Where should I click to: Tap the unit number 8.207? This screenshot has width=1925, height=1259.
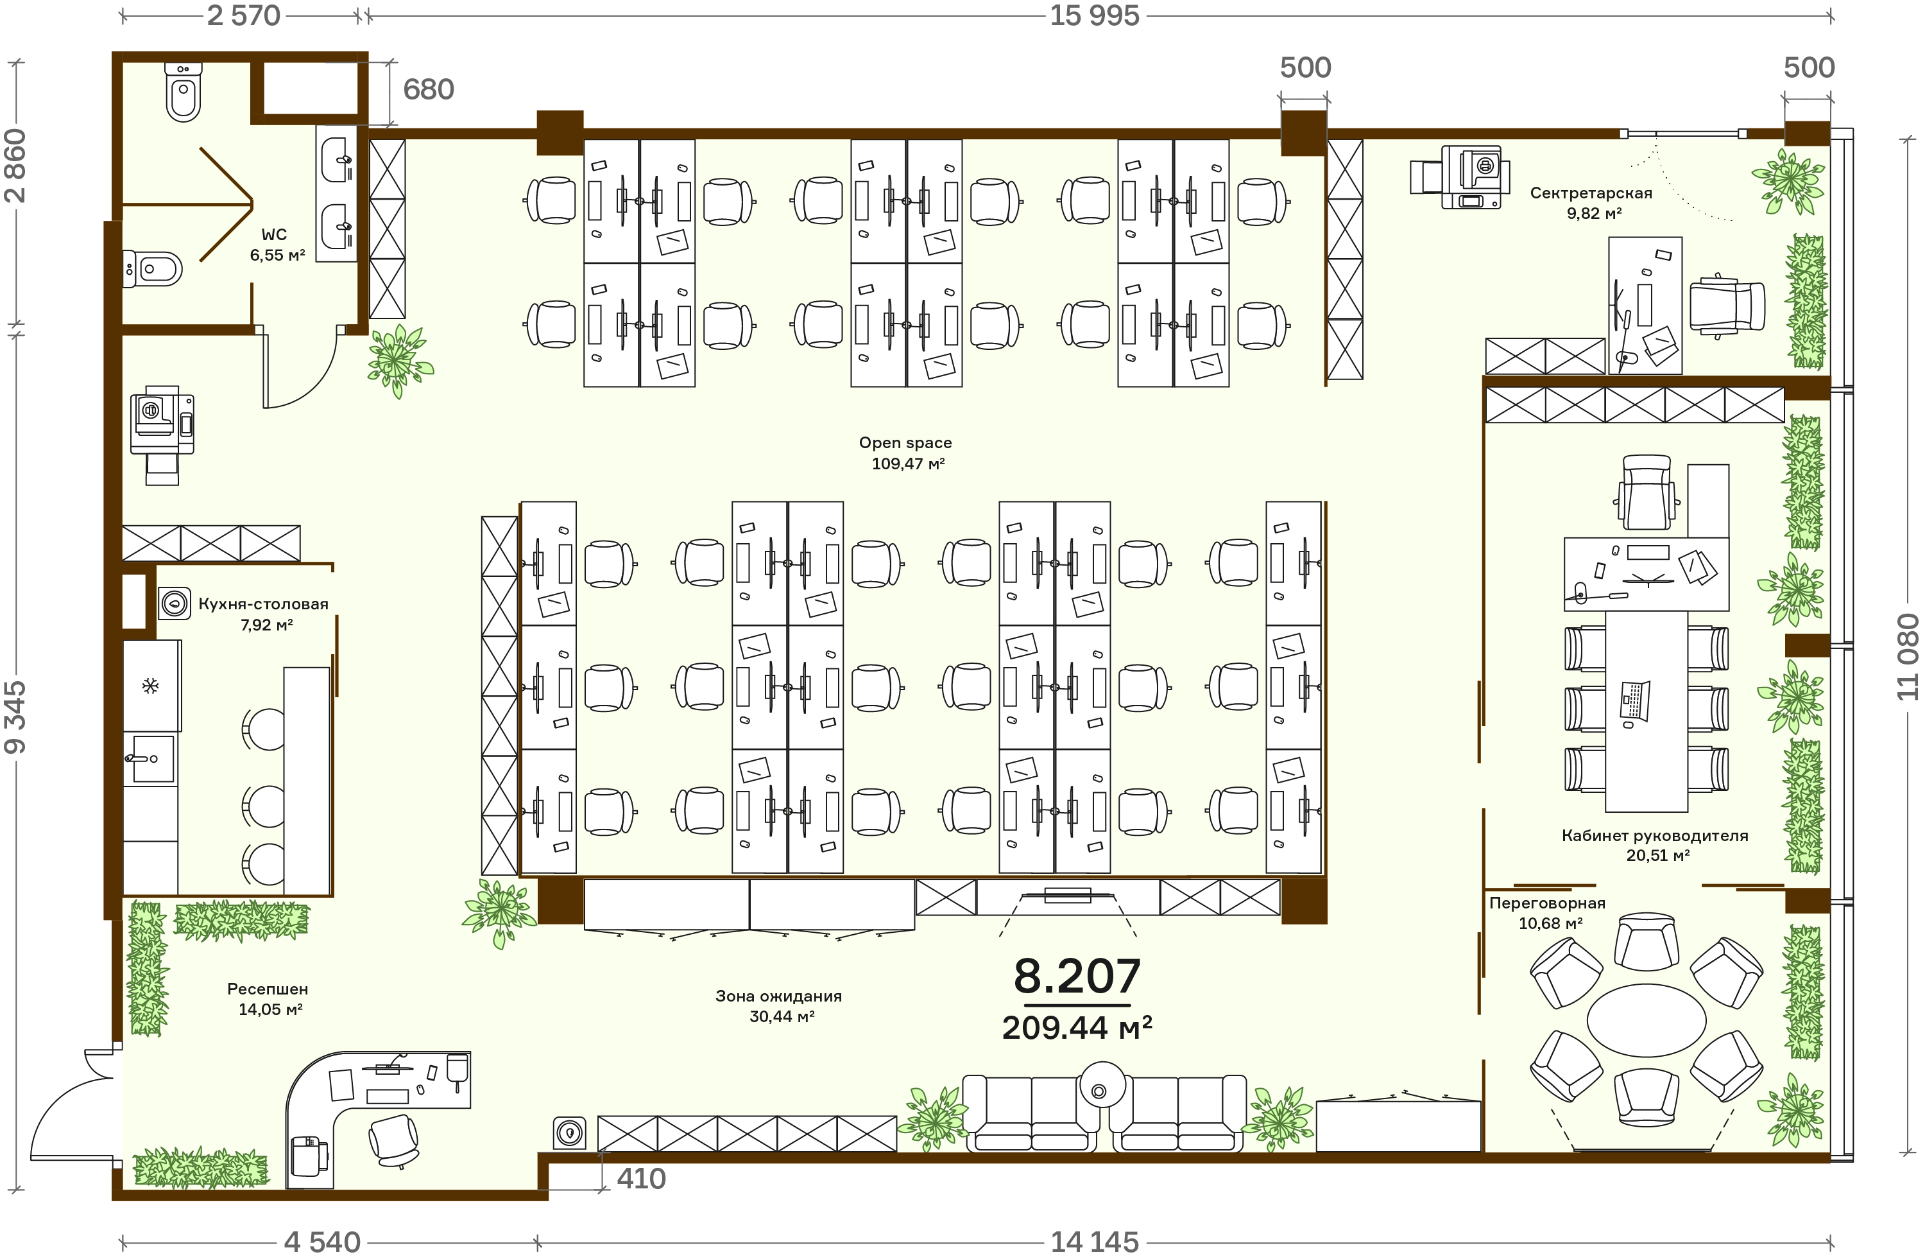pos(1077,976)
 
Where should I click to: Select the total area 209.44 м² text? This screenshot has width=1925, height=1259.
pos(1077,1028)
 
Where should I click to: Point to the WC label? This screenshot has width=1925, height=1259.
pos(274,234)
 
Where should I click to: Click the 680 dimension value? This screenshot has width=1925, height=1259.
pos(429,89)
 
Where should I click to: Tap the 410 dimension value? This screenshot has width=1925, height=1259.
pos(642,1178)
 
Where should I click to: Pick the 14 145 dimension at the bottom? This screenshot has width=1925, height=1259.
pos(1094,1241)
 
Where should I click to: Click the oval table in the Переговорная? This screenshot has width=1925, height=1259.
pos(1646,1020)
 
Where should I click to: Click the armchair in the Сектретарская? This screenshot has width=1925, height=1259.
pos(1727,306)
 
